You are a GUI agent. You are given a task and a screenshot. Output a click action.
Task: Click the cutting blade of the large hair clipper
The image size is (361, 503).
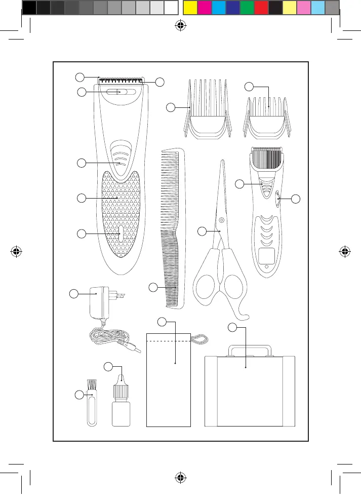(x=121, y=81)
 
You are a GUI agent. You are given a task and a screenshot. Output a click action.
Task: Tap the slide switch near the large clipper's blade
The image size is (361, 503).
(x=117, y=92)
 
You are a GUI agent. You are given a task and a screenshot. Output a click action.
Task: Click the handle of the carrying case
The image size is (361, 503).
(x=249, y=349)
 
